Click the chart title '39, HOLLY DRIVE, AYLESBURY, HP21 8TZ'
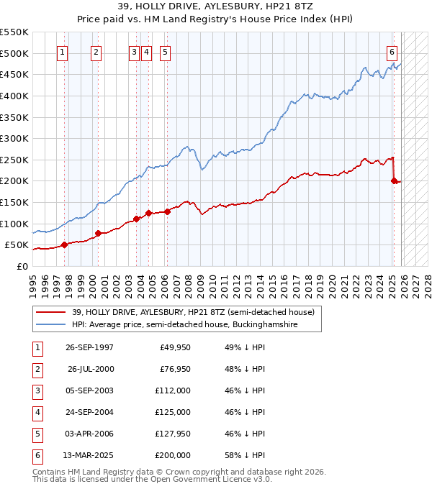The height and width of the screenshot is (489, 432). click(x=215, y=8)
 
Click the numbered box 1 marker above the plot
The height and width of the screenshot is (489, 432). click(x=63, y=52)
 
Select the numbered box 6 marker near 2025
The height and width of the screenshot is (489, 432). click(x=392, y=52)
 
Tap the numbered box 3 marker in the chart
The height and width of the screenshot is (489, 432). click(x=135, y=52)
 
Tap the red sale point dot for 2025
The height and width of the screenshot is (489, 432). click(x=394, y=181)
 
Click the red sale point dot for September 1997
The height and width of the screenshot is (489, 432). click(x=65, y=244)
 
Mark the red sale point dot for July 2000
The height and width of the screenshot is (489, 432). click(x=98, y=233)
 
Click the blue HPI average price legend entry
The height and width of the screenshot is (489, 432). click(x=194, y=325)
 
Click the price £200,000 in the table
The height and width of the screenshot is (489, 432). click(x=174, y=455)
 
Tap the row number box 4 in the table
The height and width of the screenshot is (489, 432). click(x=36, y=412)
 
